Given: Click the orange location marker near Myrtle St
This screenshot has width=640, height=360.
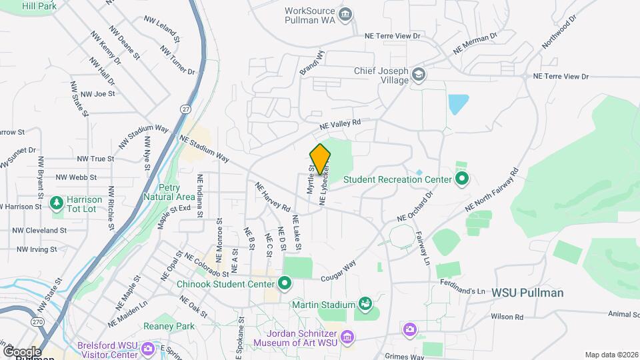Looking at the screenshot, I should point(320,159).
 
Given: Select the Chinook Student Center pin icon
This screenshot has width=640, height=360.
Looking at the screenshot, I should point(285,283).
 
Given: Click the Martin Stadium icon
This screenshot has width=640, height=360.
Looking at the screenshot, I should point(365,305).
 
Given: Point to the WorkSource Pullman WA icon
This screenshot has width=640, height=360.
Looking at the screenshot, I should point(345,15).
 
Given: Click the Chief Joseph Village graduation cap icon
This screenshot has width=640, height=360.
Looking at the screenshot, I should point(419,73).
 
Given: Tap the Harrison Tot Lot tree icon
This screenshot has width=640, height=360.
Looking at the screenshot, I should point(58,202).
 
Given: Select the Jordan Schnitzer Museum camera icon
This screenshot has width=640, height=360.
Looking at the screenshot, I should point(347,338).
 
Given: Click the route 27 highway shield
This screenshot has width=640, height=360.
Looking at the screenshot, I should point(185,109).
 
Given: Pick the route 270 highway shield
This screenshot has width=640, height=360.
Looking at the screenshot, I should point(39,322).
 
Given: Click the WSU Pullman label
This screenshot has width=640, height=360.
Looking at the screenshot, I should point(527,293).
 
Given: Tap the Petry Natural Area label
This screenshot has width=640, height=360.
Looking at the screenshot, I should point(168,192).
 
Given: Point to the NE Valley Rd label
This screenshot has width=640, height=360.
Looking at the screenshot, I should point(339,123).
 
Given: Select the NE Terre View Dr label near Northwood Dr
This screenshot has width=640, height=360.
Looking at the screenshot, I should point(561,77).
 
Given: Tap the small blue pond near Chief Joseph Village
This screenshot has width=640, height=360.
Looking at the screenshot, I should point(458,104).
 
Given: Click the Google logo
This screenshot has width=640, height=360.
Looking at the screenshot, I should point(21,351).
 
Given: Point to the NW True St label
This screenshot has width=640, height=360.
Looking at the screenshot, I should point(95,159).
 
